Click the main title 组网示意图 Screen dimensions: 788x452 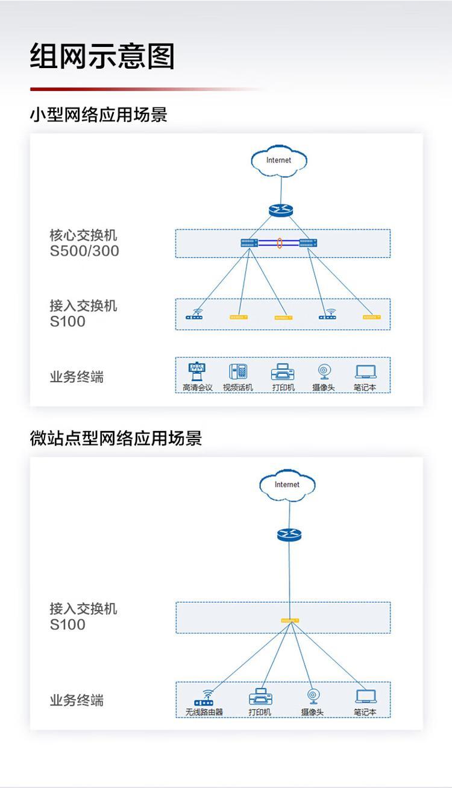click(x=102, y=57)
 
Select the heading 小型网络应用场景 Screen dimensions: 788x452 click(x=99, y=115)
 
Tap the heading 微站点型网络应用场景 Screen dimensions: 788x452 click(x=116, y=438)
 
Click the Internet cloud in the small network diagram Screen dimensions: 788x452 click(x=278, y=160)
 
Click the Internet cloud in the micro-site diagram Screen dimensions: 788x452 click(x=287, y=485)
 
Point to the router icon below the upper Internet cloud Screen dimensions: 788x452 click(x=280, y=210)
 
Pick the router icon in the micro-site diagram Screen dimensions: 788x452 click(x=289, y=534)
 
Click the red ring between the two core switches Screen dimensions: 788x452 click(x=279, y=243)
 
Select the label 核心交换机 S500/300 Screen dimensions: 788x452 click(x=84, y=243)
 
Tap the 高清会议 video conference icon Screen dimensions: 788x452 click(x=197, y=371)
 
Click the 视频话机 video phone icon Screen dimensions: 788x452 click(x=238, y=371)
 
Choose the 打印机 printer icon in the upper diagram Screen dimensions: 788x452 click(x=283, y=371)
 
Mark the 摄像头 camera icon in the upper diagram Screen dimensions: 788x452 click(x=324, y=371)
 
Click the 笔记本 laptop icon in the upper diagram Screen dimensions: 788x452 click(x=365, y=371)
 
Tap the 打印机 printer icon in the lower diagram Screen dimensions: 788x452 click(x=260, y=697)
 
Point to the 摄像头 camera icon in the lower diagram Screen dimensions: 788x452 click(x=313, y=697)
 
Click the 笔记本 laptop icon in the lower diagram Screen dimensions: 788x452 click(x=365, y=696)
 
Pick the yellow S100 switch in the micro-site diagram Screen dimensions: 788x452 click(x=290, y=620)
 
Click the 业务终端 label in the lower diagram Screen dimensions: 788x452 click(x=77, y=700)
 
